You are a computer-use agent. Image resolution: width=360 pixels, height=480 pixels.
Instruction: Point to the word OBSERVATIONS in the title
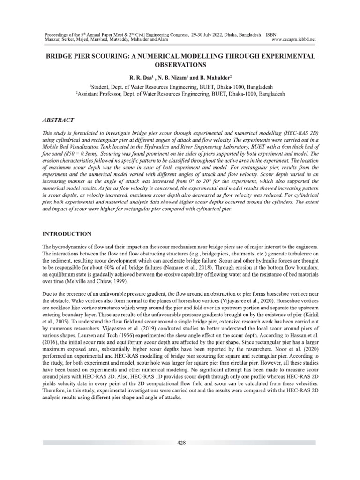180,64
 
